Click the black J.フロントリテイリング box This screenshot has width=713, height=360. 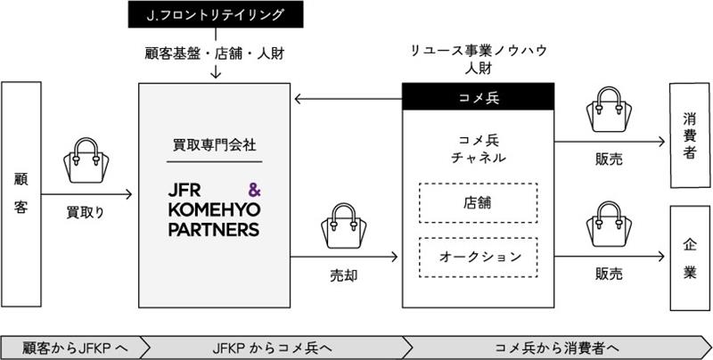coord(215,13)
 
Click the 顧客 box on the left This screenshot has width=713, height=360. coord(19,192)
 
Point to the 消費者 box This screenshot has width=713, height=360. coord(690,135)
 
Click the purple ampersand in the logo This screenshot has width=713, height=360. coord(252,190)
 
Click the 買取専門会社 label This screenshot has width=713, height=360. coord(215,146)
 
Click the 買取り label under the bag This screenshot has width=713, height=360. coord(86,213)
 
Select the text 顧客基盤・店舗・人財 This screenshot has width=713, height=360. coord(215,52)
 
